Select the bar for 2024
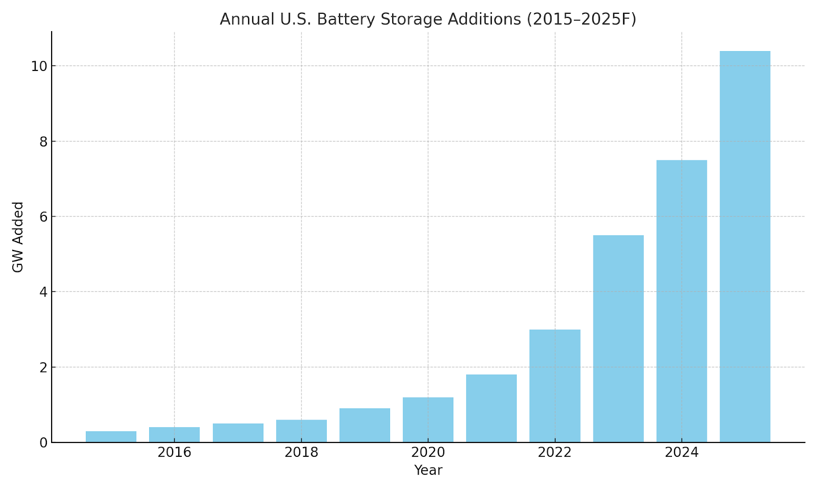(x=682, y=301)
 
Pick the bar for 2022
(x=555, y=386)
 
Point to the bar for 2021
(x=491, y=408)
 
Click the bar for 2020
(x=428, y=420)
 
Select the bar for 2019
(x=365, y=425)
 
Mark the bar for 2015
(x=111, y=437)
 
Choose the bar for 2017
(x=238, y=433)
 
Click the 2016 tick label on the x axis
(x=174, y=453)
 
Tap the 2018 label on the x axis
(x=301, y=453)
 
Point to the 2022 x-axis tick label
(x=555, y=453)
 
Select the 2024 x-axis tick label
(x=682, y=453)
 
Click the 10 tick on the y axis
(x=39, y=66)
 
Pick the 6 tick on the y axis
(x=43, y=217)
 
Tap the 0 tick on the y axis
(x=43, y=443)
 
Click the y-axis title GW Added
(x=18, y=237)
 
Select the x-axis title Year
(x=428, y=471)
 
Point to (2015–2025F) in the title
(x=582, y=19)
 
